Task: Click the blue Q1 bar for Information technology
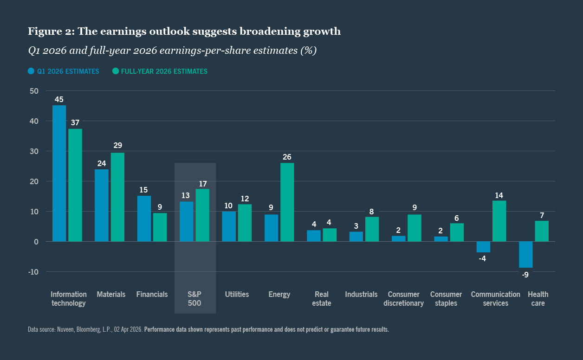pyautogui.click(x=59, y=174)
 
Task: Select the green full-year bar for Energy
pyautogui.click(x=287, y=202)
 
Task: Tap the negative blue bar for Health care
pyautogui.click(x=525, y=254)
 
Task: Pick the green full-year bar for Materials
pyautogui.click(x=117, y=197)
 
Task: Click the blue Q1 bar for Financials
pyautogui.click(x=144, y=219)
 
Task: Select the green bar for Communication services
pyautogui.click(x=499, y=221)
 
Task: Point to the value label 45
pyautogui.click(x=59, y=99)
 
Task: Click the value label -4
pyautogui.click(x=482, y=258)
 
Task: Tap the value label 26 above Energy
pyautogui.click(x=287, y=157)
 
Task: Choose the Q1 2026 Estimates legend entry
pyautogui.click(x=64, y=71)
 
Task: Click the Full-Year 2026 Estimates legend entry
pyautogui.click(x=160, y=71)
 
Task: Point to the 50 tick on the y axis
pyautogui.click(x=34, y=91)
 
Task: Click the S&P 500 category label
pyautogui.click(x=195, y=298)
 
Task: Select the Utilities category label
pyautogui.click(x=237, y=294)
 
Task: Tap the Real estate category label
pyautogui.click(x=322, y=298)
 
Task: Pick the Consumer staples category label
pyautogui.click(x=446, y=298)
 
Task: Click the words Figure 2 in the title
pyautogui.click(x=50, y=32)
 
